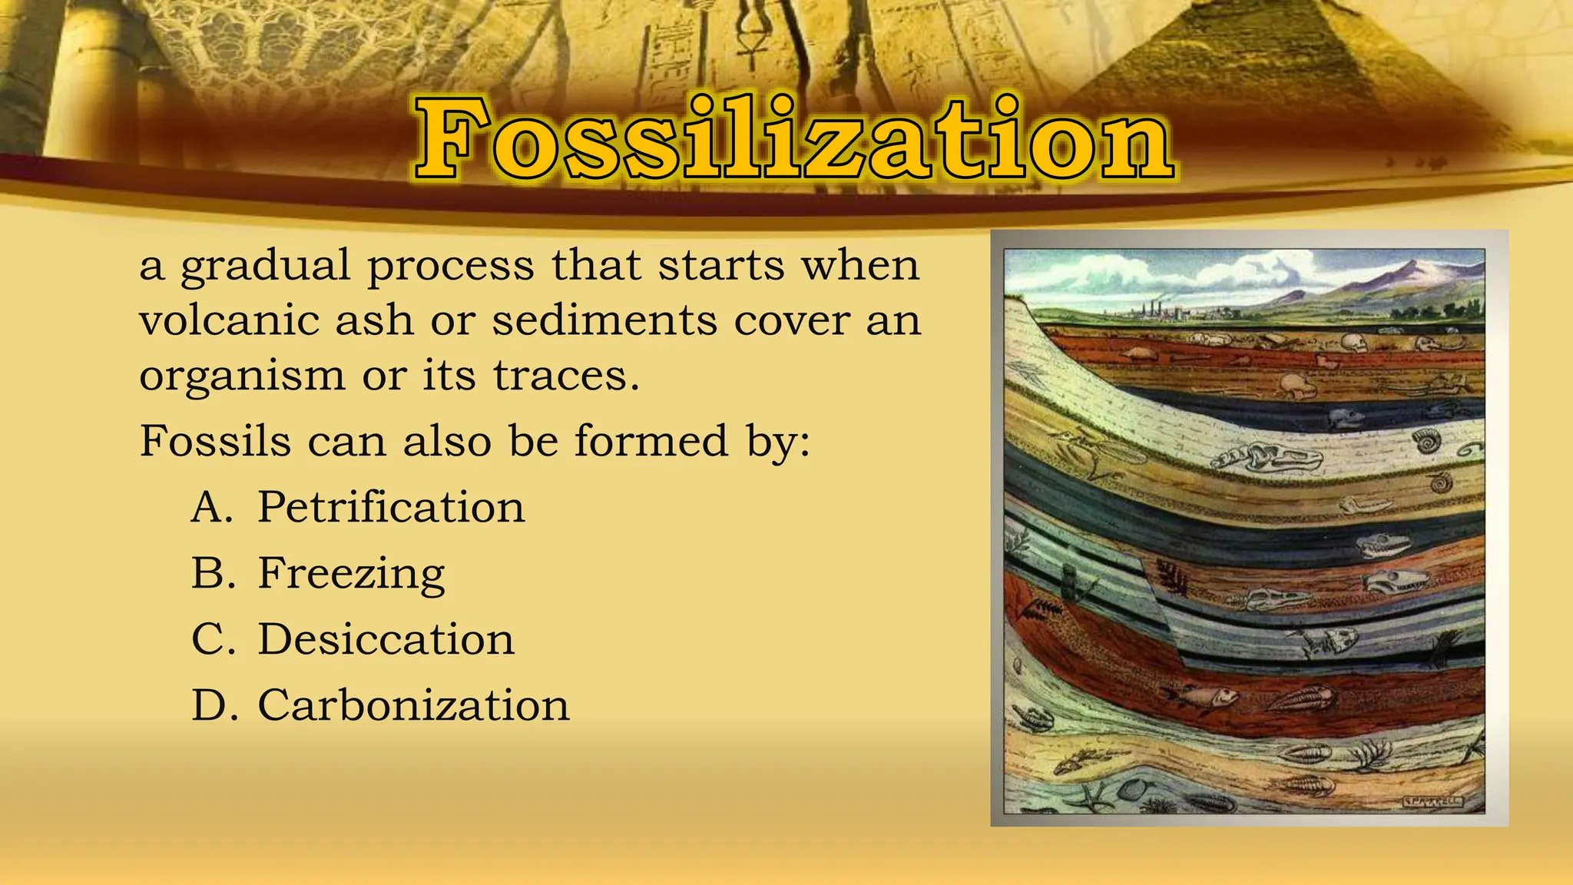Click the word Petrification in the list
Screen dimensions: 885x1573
(x=390, y=508)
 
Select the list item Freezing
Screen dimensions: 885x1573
(x=351, y=574)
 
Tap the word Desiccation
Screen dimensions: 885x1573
(x=386, y=640)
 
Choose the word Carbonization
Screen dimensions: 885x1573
(x=413, y=706)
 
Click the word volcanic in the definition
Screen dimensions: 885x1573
(x=229, y=320)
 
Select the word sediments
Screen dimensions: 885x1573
(x=604, y=320)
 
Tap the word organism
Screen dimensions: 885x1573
(x=242, y=376)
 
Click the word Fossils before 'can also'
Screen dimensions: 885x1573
(x=215, y=442)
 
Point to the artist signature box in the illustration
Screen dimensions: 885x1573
(x=1433, y=801)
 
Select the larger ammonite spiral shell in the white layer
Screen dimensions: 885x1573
(x=1427, y=442)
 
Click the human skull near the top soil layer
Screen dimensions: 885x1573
(x=1353, y=343)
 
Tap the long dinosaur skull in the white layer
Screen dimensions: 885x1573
(x=1267, y=459)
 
